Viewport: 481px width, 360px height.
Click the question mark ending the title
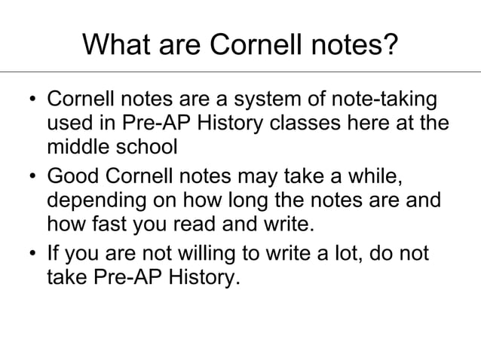[390, 47]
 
